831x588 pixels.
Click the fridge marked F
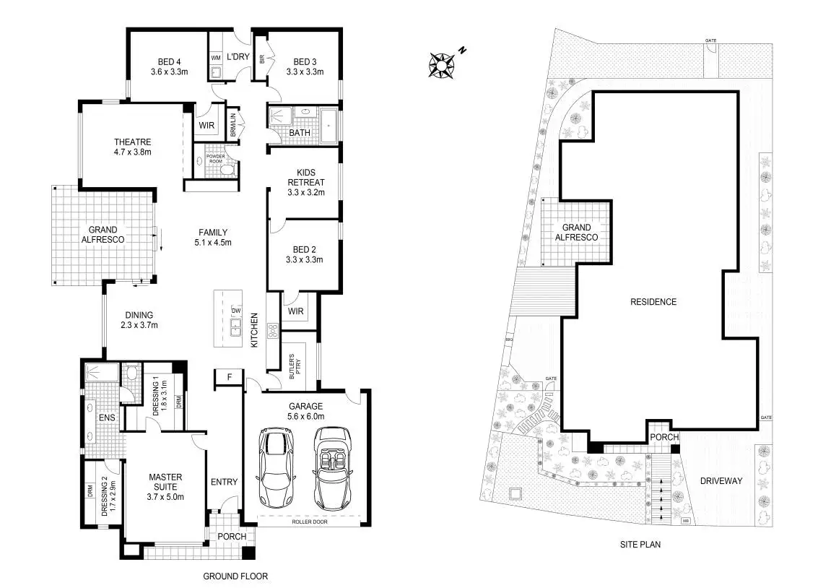click(x=229, y=377)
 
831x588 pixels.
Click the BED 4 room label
click(x=169, y=66)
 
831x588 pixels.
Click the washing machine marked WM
click(x=215, y=57)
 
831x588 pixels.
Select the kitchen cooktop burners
click(x=274, y=331)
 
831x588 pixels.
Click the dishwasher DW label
click(x=235, y=311)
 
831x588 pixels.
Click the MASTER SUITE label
click(x=165, y=486)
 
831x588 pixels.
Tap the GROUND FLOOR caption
click(x=235, y=576)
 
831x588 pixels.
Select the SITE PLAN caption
click(x=640, y=545)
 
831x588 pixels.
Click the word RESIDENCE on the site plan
click(x=653, y=302)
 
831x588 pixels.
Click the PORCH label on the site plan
click(x=664, y=437)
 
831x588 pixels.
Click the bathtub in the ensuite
click(x=99, y=373)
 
